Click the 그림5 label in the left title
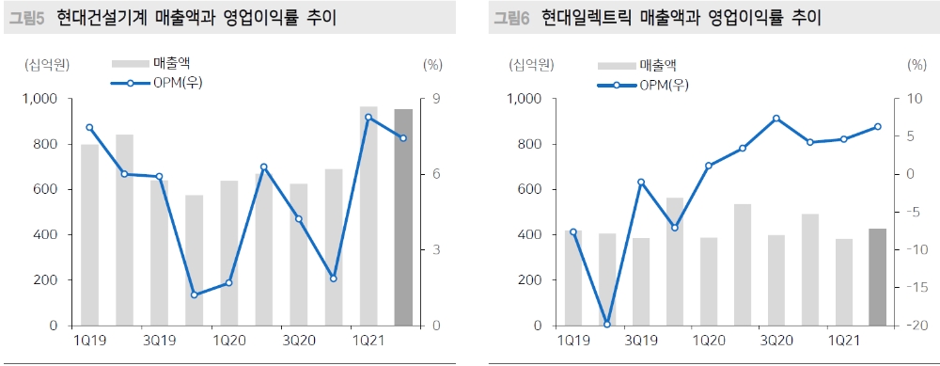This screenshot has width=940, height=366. coord(25,18)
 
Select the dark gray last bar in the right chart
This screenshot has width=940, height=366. coord(878,277)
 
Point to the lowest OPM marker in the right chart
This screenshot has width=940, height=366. coord(607,325)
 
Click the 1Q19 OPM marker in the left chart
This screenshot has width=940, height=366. coord(89,127)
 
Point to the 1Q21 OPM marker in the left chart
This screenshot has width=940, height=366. coord(368,118)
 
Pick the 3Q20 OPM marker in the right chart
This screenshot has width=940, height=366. coord(776,119)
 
